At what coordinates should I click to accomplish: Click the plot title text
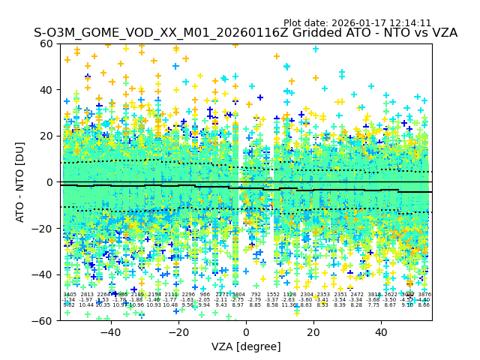245,34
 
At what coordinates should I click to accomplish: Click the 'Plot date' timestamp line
357,23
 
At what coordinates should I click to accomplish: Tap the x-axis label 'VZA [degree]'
246,346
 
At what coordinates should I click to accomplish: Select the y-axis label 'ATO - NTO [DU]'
21,182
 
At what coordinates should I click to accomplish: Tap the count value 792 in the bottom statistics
256,295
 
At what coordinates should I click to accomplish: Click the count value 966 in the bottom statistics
205,295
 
